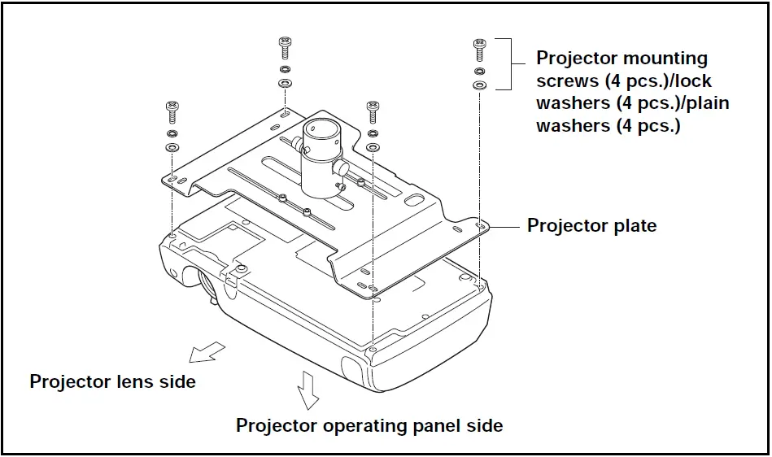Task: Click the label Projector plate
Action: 591,225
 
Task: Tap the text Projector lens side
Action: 112,381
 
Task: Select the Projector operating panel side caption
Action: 369,425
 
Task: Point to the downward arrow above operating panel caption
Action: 307,390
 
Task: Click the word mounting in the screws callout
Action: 665,59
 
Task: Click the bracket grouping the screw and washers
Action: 510,63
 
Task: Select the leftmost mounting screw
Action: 172,110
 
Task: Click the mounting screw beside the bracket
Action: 479,48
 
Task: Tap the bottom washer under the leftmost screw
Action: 172,148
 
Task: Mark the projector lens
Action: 207,284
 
